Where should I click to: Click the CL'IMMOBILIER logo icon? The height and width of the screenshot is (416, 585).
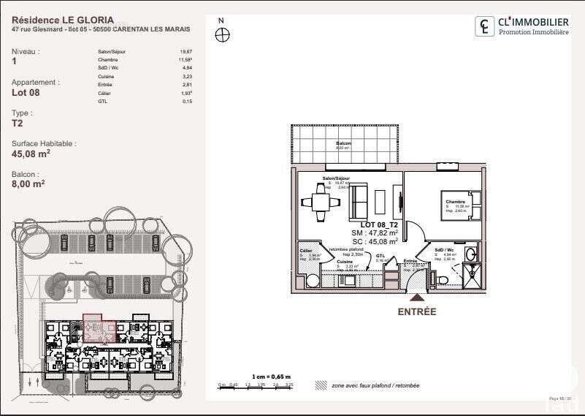coord(484,27)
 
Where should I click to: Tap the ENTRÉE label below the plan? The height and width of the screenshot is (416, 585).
coord(416,311)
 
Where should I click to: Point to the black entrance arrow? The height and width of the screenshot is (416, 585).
coord(416,297)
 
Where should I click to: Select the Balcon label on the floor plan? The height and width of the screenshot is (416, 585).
coord(343,144)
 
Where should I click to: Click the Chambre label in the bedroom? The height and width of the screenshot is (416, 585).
coord(456,202)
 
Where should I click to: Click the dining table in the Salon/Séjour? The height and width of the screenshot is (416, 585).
coord(320,200)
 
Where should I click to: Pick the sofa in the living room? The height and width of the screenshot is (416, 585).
coord(359,199)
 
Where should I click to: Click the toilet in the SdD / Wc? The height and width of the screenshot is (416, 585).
coord(441,279)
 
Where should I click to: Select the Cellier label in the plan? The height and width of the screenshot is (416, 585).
coord(306,250)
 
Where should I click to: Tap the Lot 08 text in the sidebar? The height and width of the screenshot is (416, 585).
coord(26,93)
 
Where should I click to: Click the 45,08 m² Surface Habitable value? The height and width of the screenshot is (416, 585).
coord(31,154)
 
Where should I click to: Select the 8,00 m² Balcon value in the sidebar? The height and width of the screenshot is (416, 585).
coord(28,185)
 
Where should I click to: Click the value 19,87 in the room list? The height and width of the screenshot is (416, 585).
coord(186,52)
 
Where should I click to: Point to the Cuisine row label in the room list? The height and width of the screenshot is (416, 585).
coord(105,76)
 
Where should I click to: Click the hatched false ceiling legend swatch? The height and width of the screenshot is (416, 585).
coord(320,385)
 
